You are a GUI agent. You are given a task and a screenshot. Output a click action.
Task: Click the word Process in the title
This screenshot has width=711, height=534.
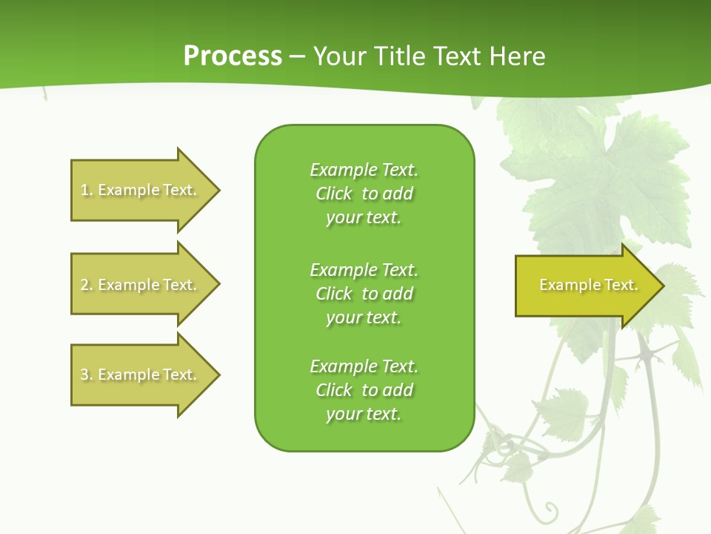pos(233,56)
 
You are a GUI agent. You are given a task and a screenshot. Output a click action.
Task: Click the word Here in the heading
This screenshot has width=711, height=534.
pos(517,56)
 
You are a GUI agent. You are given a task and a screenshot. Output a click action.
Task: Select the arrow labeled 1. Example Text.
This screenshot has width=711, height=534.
pos(141,190)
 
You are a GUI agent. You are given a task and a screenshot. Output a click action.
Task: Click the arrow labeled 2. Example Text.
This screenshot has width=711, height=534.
pos(141,285)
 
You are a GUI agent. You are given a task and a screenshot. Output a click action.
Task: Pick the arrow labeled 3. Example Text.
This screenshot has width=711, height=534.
pos(141,375)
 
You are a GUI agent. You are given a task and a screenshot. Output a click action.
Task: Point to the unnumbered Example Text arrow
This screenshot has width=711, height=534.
pos(585,285)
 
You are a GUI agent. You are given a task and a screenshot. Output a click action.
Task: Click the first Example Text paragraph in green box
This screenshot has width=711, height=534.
pos(364,194)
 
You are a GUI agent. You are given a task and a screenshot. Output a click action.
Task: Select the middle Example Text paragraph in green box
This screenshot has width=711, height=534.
pos(364,294)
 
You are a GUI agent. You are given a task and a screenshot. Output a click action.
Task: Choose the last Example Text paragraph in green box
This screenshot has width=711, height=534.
pos(364,390)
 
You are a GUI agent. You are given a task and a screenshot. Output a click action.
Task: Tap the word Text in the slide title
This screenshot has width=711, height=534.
pos(458,56)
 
